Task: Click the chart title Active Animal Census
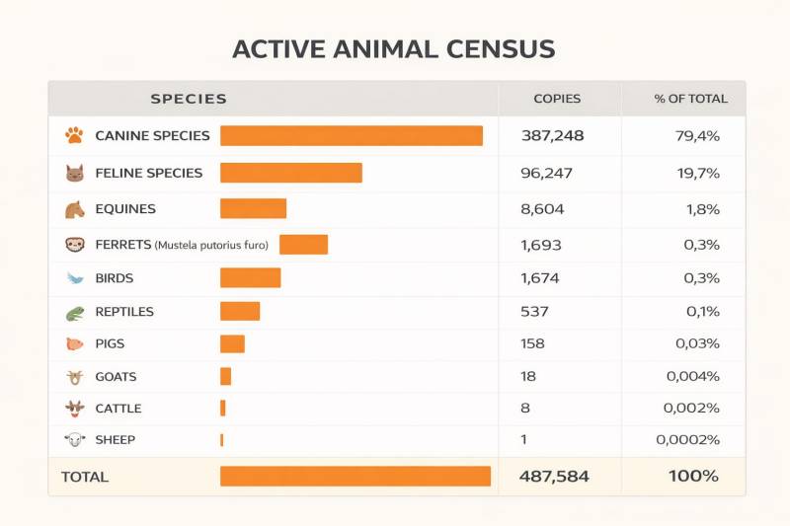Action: (x=393, y=49)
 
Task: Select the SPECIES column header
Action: (x=189, y=99)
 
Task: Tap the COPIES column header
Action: (x=557, y=99)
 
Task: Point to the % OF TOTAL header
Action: (x=690, y=99)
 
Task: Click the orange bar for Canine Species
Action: (x=351, y=136)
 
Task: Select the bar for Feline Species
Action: (x=290, y=173)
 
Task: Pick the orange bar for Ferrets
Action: (x=303, y=245)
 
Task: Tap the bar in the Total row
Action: (x=355, y=476)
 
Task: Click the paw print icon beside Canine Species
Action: (x=74, y=136)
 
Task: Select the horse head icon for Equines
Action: (x=74, y=209)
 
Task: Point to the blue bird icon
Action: (x=74, y=278)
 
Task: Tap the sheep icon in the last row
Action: (x=74, y=439)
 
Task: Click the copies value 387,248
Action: (x=552, y=136)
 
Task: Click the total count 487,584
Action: (x=554, y=476)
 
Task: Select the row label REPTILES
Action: (x=124, y=312)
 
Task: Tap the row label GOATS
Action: (x=116, y=377)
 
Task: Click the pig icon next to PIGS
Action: (x=74, y=344)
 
